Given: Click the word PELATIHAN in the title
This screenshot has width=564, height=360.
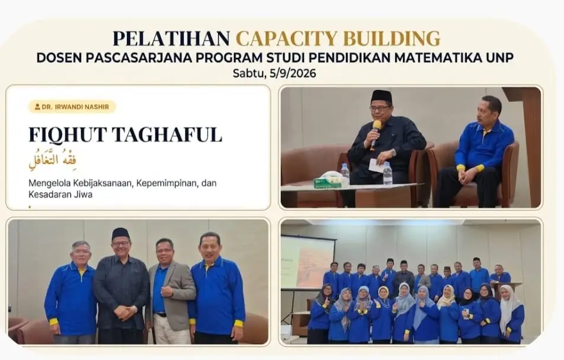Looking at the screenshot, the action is [x=171, y=38].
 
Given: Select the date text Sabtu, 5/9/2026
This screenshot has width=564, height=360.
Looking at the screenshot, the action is [x=274, y=74].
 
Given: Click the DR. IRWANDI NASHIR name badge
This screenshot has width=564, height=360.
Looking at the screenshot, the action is [x=72, y=107].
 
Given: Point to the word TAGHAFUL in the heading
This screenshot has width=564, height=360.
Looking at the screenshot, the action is [x=166, y=135].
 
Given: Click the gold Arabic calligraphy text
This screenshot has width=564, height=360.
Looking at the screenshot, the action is [x=53, y=159].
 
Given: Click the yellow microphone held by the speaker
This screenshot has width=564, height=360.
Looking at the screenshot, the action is [x=376, y=133].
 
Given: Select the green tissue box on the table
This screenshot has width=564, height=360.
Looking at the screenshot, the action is [x=327, y=182].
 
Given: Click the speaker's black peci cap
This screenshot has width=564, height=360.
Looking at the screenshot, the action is [x=382, y=97].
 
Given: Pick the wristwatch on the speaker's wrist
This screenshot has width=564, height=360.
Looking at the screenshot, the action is [x=393, y=153].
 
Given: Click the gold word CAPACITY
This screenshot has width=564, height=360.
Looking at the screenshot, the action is [x=287, y=38].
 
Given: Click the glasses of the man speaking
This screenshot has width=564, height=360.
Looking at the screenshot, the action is [x=380, y=108].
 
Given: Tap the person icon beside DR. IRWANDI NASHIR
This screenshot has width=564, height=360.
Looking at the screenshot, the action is [x=37, y=107].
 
